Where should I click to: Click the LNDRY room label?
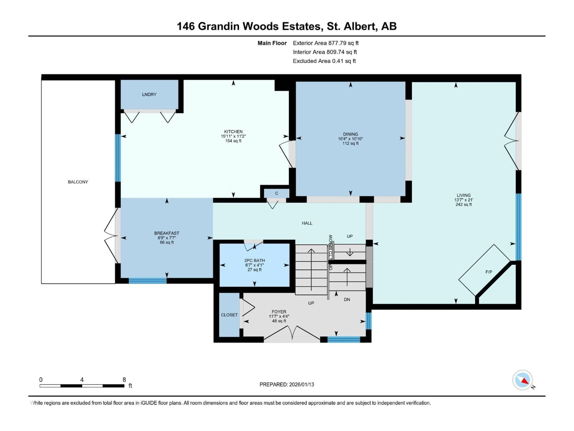coord(149,95)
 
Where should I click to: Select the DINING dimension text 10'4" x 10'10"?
coord(350,139)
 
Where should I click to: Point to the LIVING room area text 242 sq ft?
coord(463,204)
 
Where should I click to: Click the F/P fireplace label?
coord(489,272)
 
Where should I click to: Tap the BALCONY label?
coord(78,182)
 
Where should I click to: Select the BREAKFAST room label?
coord(167,233)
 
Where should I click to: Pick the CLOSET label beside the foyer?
coord(229,315)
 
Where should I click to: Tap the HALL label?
coord(307,223)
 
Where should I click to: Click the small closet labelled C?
coord(277,193)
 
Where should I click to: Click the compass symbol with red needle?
coord(522,380)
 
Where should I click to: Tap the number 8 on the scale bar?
coord(124,380)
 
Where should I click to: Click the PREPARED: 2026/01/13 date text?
coord(287,384)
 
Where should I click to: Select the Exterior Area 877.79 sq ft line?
coord(326,43)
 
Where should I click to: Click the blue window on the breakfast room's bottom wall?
coord(148,281)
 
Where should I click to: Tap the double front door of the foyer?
coord(292,335)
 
